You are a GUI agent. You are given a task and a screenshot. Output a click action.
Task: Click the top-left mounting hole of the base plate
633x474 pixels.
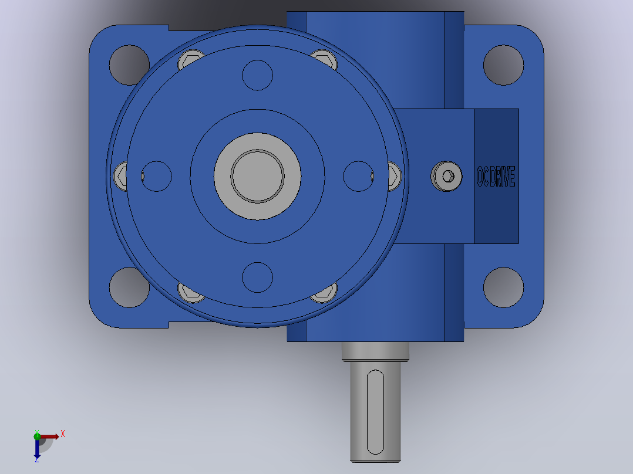pos(129,65)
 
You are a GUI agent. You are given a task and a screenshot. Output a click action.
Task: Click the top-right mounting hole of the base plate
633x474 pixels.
pos(503,65)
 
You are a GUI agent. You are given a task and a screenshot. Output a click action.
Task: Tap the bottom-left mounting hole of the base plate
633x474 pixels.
pos(129,287)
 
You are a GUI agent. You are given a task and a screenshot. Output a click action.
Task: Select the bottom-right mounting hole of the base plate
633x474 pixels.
pos(503,287)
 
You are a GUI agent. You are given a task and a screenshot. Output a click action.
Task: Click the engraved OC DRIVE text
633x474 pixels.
pos(496,177)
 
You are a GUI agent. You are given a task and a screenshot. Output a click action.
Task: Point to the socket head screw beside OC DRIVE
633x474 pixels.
pos(446,177)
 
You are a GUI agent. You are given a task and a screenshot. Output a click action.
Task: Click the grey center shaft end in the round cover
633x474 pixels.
pos(258,177)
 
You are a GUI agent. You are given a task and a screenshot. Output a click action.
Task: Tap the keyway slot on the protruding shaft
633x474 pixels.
pos(375,412)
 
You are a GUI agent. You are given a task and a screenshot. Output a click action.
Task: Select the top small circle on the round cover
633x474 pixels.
pos(258,75)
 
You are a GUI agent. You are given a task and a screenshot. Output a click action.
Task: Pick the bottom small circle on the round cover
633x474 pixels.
pos(258,277)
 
